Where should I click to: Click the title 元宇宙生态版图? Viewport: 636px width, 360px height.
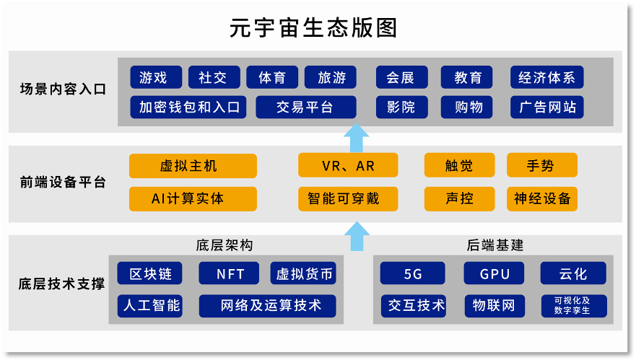tap(313, 28)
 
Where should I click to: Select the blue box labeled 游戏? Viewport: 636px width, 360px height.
tap(156, 77)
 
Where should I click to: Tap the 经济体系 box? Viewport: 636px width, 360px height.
tap(546, 77)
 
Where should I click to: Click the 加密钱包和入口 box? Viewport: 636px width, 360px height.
tap(188, 107)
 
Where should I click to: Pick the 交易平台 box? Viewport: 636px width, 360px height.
tap(306, 107)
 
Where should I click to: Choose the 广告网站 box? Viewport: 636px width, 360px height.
tap(546, 107)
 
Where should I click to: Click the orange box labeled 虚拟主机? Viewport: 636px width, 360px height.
tap(193, 166)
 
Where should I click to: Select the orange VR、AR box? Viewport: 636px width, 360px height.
tap(348, 165)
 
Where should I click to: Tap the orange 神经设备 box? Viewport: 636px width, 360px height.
tap(542, 198)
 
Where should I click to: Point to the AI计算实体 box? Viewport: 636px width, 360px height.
tap(193, 198)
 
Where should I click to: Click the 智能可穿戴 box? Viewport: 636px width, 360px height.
tap(348, 198)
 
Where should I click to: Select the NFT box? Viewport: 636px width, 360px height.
tap(229, 273)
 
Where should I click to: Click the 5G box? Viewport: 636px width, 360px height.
tap(412, 273)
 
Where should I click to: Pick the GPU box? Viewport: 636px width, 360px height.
tap(494, 273)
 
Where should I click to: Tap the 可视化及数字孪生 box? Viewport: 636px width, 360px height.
tap(574, 306)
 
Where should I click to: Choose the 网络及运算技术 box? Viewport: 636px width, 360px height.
tap(267, 306)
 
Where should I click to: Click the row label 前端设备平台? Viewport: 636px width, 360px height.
tap(63, 182)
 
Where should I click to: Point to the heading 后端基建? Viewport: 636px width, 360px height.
tap(495, 245)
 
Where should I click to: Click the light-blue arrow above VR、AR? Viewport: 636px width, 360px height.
tap(356, 138)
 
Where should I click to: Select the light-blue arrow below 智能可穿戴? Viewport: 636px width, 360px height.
tap(357, 236)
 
